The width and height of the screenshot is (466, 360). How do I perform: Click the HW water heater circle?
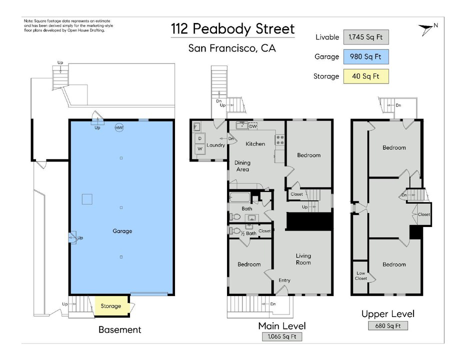point(119,128)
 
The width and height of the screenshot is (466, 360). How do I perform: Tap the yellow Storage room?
point(111,306)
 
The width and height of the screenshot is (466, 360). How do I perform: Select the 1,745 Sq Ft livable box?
point(366,37)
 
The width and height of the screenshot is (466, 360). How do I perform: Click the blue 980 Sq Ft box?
point(366,56)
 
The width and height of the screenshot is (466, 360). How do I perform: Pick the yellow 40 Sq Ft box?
point(366,76)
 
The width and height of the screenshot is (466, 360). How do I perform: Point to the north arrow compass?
point(427,29)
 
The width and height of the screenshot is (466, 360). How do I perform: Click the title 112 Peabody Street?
point(232,29)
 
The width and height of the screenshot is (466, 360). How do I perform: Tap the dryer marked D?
point(200,138)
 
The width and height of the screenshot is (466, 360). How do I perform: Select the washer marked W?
point(200,148)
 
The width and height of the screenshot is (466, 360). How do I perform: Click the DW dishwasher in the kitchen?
point(253,126)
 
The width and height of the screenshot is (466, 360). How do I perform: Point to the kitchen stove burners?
point(279,139)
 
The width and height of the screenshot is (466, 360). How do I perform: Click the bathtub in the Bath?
point(240,197)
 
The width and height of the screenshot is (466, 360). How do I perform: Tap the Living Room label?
point(303,259)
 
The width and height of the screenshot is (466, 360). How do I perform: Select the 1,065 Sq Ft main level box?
point(282,336)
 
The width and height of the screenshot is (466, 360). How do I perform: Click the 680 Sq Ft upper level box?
point(388,325)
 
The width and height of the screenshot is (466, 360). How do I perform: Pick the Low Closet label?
point(361,275)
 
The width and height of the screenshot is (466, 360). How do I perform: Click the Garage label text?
point(122,231)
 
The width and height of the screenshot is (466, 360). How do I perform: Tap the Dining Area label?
point(242,166)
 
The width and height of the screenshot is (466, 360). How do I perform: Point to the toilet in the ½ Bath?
point(235,230)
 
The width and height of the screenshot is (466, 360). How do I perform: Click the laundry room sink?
point(196,127)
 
